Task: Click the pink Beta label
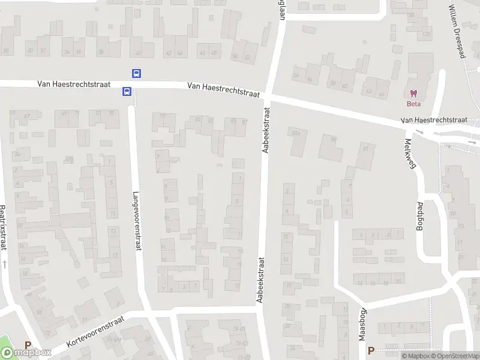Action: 413,103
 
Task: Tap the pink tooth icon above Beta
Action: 413,93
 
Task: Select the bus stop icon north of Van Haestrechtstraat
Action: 137,74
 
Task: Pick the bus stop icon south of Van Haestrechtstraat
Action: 127,92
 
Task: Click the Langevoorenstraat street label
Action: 137,220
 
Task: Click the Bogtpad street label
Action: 420,215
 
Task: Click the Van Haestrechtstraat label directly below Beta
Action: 434,121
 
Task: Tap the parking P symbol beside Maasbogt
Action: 371,350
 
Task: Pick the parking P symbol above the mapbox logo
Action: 28,345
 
